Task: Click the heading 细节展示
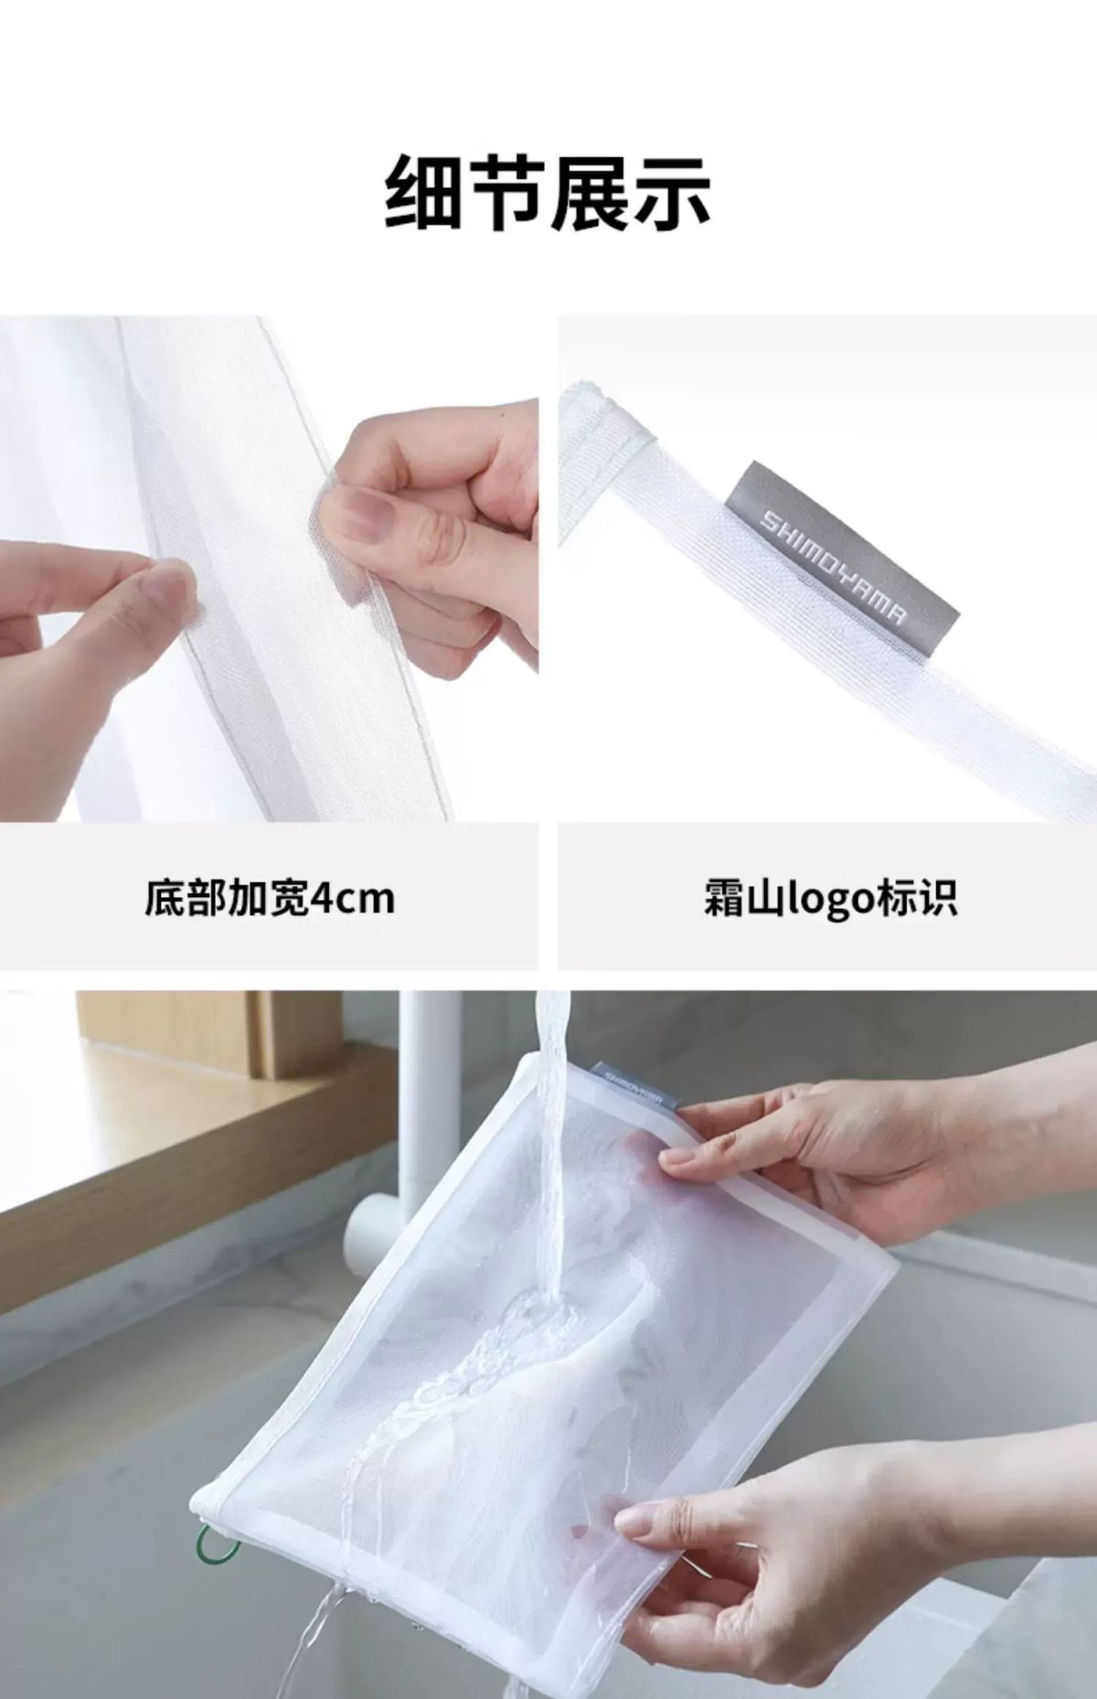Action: [548, 193]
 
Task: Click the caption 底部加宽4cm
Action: [270, 898]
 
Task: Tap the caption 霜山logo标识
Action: [829, 898]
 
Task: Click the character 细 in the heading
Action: [424, 193]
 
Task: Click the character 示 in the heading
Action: [672, 193]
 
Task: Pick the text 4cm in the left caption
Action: [353, 899]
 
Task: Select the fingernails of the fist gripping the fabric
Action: [366, 517]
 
